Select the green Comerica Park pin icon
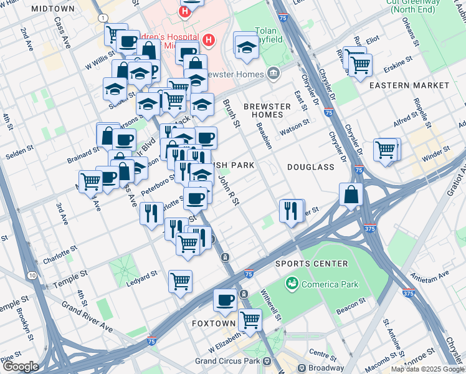pos(291,284)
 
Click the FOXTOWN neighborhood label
pos(213,324)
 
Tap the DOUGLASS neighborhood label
pos(311,167)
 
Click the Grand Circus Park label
pos(227,361)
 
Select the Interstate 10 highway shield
pos(32,275)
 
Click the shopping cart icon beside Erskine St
pos(359,64)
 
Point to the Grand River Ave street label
pos(87,317)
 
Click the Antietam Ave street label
pos(430,274)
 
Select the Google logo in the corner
pos(21,367)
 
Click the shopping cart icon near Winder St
pos(386,150)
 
